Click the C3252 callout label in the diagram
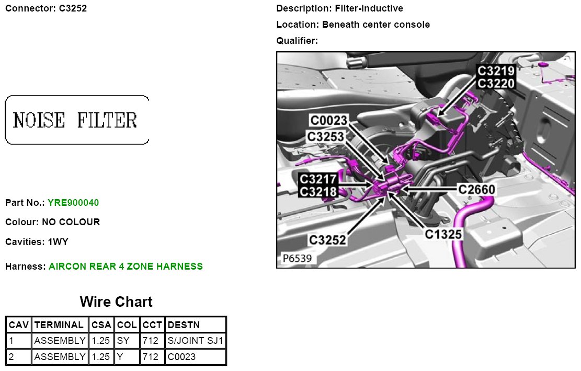pos(327,240)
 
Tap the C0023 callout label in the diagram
pos(328,120)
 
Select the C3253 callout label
pos(326,136)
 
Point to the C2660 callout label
pos(476,190)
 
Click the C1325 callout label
pos(443,235)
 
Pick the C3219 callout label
pos(496,71)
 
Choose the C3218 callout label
pos(318,192)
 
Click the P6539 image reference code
pos(297,258)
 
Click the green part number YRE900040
pos(73,203)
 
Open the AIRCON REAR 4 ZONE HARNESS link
pos(126,266)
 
